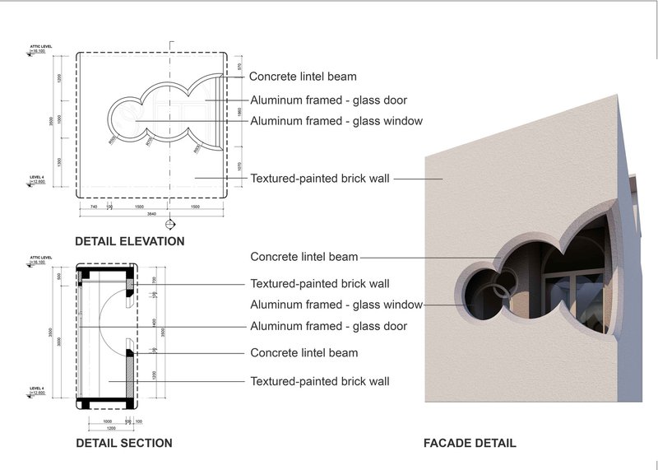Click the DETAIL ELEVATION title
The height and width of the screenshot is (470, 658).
[129, 242]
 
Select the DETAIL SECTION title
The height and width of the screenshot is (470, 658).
[123, 443]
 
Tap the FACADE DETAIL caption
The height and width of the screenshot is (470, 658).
[470, 443]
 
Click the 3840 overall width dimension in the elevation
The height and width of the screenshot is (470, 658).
[151, 213]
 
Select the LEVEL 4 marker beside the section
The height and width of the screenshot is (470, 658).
[37, 389]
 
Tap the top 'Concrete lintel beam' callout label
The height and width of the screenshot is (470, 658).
[303, 77]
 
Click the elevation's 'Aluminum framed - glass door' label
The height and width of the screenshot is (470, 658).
[328, 100]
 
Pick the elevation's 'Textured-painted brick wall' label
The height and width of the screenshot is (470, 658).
[320, 178]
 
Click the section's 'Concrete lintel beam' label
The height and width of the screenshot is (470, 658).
[304, 353]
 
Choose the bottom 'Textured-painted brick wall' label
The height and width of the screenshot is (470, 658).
[320, 381]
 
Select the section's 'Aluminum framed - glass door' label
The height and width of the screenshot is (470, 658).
[328, 326]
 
